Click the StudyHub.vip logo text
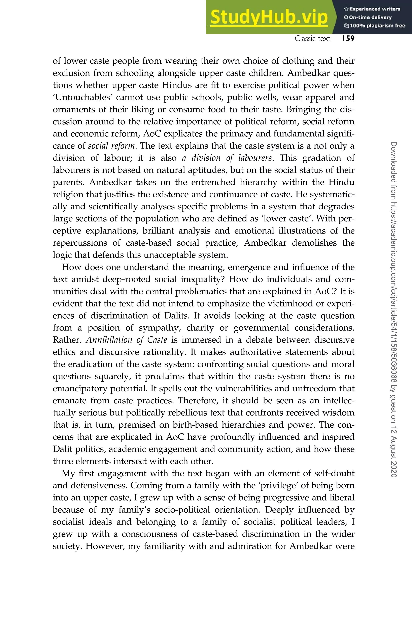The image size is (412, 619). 269,17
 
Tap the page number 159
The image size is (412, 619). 348,38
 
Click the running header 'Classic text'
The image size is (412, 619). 312,39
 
